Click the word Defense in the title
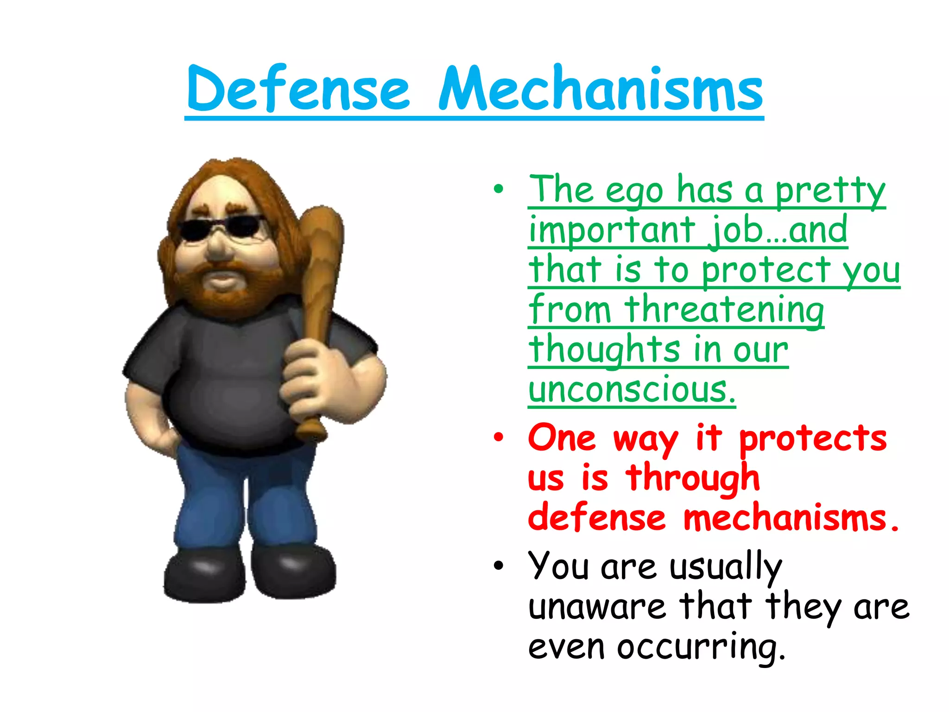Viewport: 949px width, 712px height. pyautogui.click(x=298, y=89)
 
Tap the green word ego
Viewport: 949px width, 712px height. pyautogui.click(x=634, y=191)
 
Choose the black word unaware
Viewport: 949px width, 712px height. pyautogui.click(x=597, y=607)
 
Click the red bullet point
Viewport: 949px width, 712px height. pyautogui.click(x=498, y=438)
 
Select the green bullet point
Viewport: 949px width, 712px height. pyautogui.click(x=498, y=189)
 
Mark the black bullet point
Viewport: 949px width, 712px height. pyautogui.click(x=498, y=566)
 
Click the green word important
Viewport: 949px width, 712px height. pyautogui.click(x=612, y=230)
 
